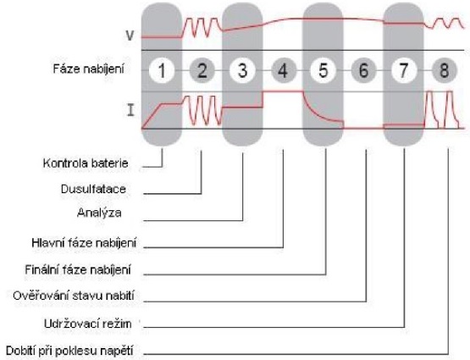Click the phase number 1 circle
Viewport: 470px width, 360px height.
pos(162,71)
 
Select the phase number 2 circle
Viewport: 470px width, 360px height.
pos(202,71)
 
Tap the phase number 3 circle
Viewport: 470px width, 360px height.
pos(242,71)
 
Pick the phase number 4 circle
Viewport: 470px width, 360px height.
pos(283,71)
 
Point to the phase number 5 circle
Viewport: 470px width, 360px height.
pos(323,71)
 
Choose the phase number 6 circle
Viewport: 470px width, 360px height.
pos(363,71)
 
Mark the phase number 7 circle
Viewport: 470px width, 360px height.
pos(404,71)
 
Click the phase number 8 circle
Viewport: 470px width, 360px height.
pos(445,71)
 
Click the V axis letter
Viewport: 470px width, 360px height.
pos(130,36)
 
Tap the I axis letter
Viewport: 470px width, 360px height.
pos(130,110)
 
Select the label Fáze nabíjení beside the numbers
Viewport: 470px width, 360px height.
pos(88,69)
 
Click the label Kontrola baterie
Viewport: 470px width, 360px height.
pos(86,163)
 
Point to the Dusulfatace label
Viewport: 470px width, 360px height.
pos(93,189)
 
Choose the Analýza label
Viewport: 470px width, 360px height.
pos(99,213)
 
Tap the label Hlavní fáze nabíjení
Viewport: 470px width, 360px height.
pos(84,243)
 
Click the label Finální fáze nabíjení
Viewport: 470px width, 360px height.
pos(78,270)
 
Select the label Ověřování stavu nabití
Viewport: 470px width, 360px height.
pos(74,296)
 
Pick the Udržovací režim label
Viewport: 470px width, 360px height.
pos(88,324)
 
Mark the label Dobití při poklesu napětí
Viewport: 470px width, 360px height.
pos(69,351)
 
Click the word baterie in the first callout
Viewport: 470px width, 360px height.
pos(110,163)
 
